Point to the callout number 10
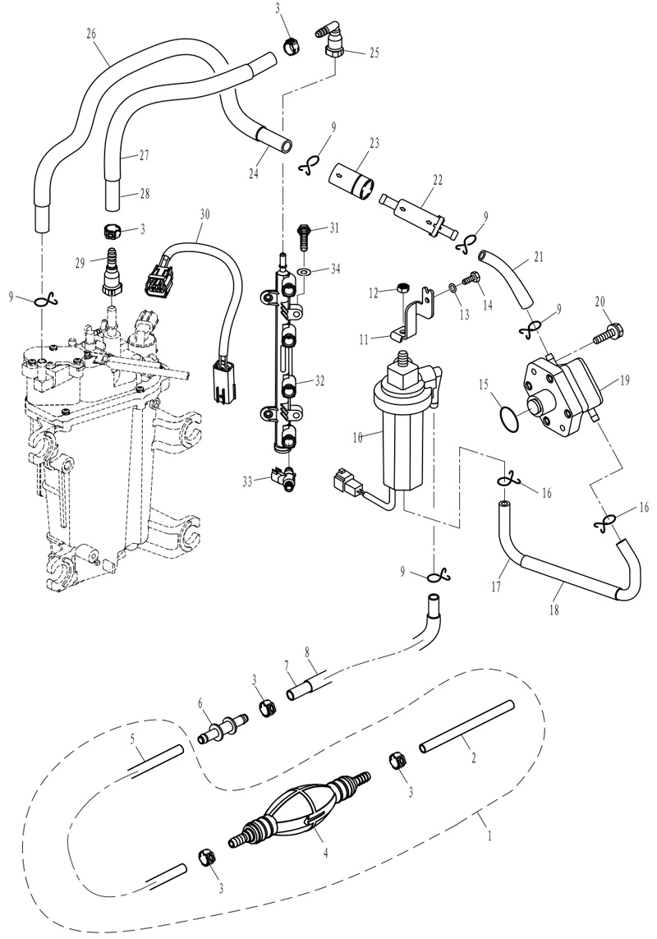pyautogui.click(x=357, y=438)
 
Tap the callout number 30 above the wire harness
pyautogui.click(x=204, y=214)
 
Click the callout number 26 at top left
pyautogui.click(x=91, y=34)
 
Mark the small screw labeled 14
pyautogui.click(x=472, y=278)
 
